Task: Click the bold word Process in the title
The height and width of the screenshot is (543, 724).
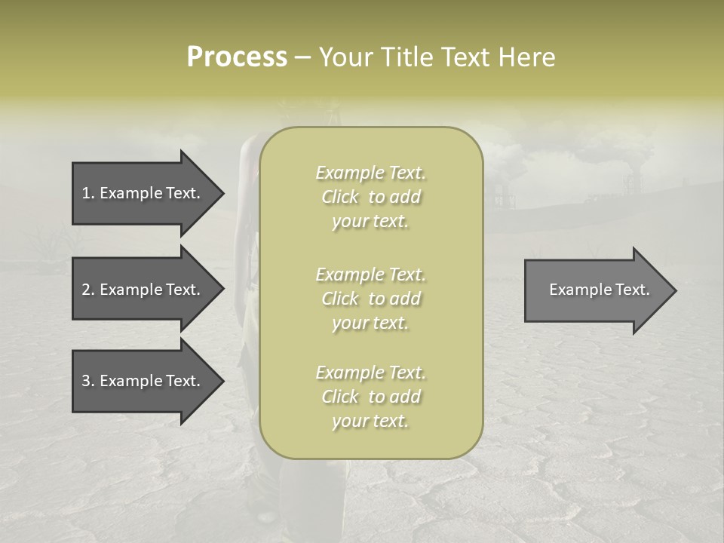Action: click(x=237, y=57)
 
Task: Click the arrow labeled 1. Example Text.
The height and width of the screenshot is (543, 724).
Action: click(x=143, y=193)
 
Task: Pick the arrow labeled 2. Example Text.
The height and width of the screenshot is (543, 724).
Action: click(x=143, y=290)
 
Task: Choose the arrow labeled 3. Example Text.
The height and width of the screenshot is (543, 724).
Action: click(x=143, y=381)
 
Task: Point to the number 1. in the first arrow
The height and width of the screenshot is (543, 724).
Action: click(x=87, y=193)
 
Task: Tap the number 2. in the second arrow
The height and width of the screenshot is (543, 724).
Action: click(x=87, y=290)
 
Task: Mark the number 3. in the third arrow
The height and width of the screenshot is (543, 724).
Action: click(x=87, y=381)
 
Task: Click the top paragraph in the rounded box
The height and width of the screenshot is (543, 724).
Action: click(x=370, y=197)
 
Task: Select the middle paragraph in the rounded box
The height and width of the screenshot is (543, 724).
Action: click(x=370, y=299)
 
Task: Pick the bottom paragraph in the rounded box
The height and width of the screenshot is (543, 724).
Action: click(x=370, y=397)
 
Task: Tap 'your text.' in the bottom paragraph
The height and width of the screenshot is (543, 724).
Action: click(x=370, y=421)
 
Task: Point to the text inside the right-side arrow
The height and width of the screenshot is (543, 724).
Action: click(x=599, y=290)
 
